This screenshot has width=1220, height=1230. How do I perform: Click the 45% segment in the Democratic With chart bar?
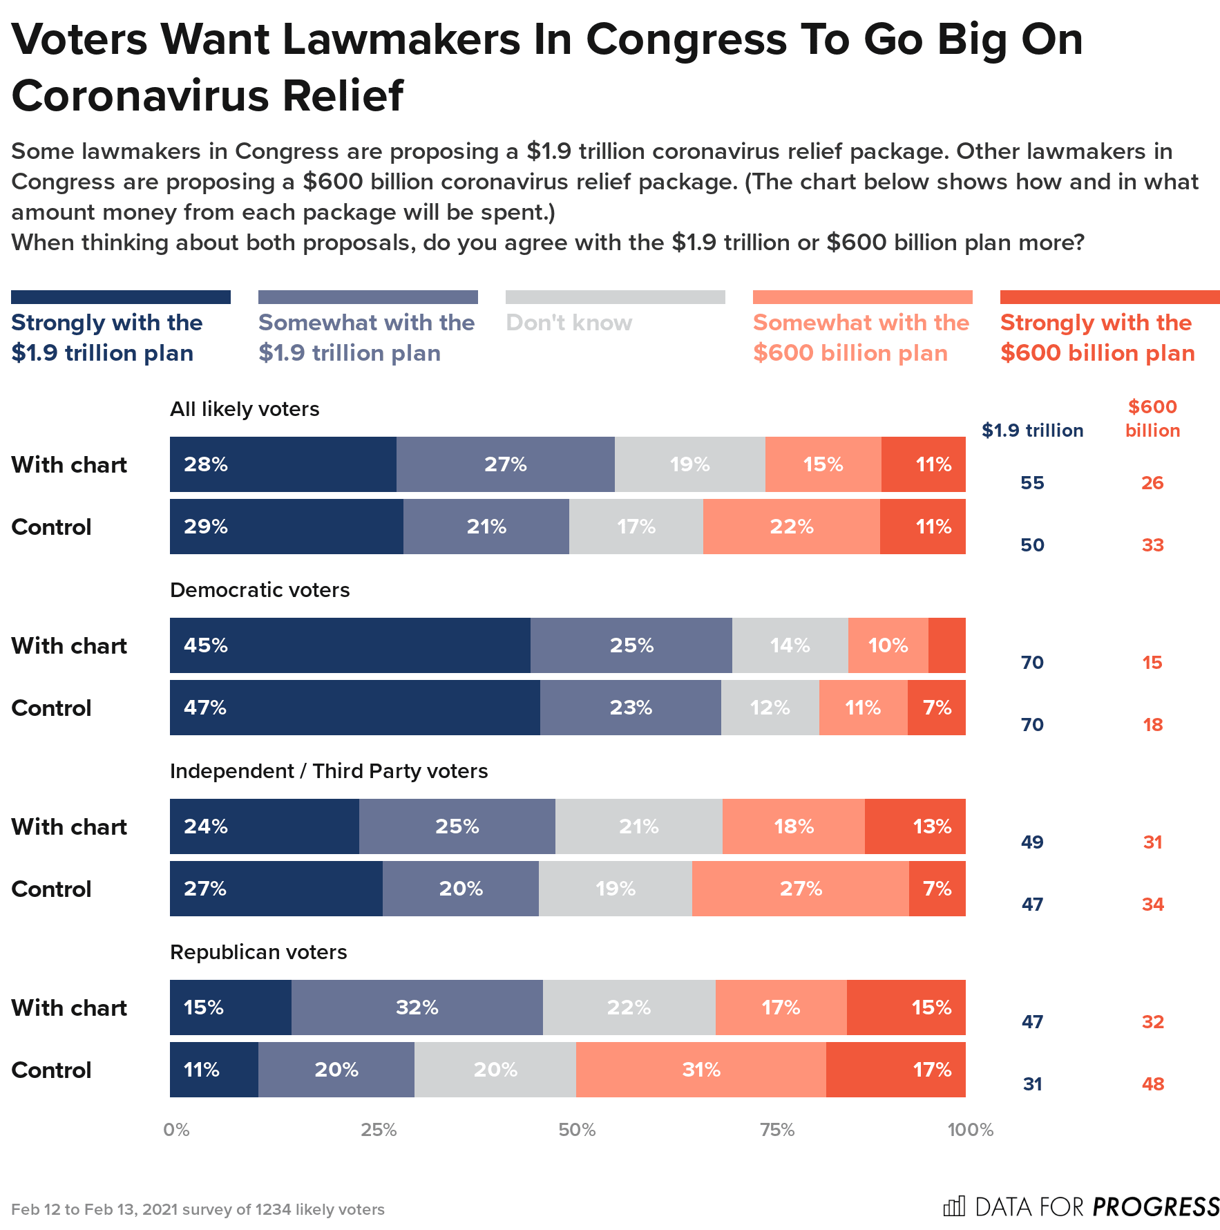tap(350, 645)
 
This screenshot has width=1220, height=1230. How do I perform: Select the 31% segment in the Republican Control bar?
tap(700, 1070)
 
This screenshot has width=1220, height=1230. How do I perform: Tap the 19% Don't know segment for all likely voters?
tap(689, 464)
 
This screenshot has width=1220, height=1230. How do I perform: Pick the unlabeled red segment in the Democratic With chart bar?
tap(946, 645)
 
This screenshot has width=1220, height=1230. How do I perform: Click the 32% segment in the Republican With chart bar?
tap(417, 1007)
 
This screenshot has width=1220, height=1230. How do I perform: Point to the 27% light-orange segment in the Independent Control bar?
tap(800, 889)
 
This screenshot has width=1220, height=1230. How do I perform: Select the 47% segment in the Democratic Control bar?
tap(354, 708)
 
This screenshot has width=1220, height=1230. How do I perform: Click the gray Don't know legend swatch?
tap(615, 297)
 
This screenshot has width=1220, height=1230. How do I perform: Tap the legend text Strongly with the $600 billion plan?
tap(1097, 338)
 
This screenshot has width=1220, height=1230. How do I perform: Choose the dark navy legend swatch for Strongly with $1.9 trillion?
tap(120, 297)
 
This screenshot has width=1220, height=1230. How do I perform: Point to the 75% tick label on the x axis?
tap(777, 1130)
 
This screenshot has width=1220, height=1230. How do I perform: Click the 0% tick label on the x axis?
tap(176, 1130)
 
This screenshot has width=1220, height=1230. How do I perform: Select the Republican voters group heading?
tap(258, 952)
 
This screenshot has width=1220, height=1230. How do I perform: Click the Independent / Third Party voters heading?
tap(329, 771)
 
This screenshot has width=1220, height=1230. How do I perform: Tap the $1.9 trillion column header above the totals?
tap(1032, 430)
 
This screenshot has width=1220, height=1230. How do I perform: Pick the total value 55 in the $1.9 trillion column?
tap(1032, 483)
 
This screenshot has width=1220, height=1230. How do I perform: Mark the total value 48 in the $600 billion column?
tap(1152, 1084)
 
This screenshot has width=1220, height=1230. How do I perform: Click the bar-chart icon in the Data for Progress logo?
tap(954, 1207)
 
